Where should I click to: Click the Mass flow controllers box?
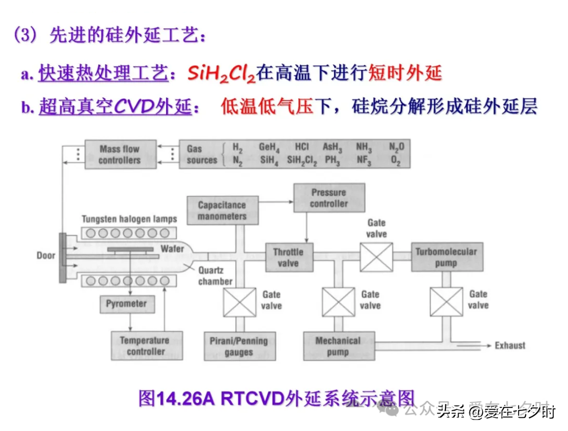pyautogui.click(x=120, y=154)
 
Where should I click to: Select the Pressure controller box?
pyautogui.click(x=329, y=198)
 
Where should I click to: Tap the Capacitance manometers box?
pyautogui.click(x=222, y=211)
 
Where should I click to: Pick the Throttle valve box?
pyautogui.click(x=288, y=257)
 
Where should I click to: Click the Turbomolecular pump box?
pyautogui.click(x=447, y=257)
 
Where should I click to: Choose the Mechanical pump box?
pyautogui.click(x=339, y=346)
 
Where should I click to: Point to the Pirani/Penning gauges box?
pyautogui.click(x=239, y=346)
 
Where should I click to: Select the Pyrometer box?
pyautogui.click(x=126, y=304)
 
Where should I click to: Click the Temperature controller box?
pyautogui.click(x=146, y=345)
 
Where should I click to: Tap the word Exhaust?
pyautogui.click(x=510, y=345)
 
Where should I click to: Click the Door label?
pyautogui.click(x=46, y=256)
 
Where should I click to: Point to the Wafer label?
pyautogui.click(x=173, y=248)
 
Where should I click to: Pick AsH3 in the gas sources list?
pyautogui.click(x=332, y=147)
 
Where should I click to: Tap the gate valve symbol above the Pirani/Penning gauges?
pyautogui.click(x=239, y=302)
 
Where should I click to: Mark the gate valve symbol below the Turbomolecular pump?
pyautogui.click(x=446, y=302)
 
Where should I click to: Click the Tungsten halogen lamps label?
pyautogui.click(x=129, y=219)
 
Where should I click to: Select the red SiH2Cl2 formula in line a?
pyautogui.click(x=221, y=74)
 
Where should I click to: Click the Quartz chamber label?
pyautogui.click(x=215, y=276)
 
